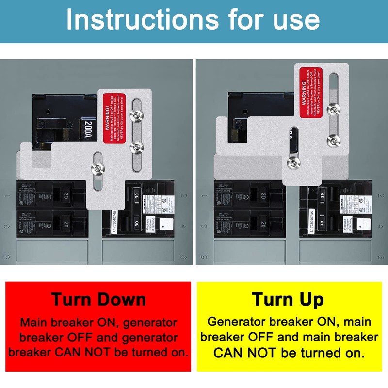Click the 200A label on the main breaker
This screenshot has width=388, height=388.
(87, 130)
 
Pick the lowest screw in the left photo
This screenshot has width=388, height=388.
(97, 168)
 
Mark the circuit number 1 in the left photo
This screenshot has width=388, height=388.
(7, 196)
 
